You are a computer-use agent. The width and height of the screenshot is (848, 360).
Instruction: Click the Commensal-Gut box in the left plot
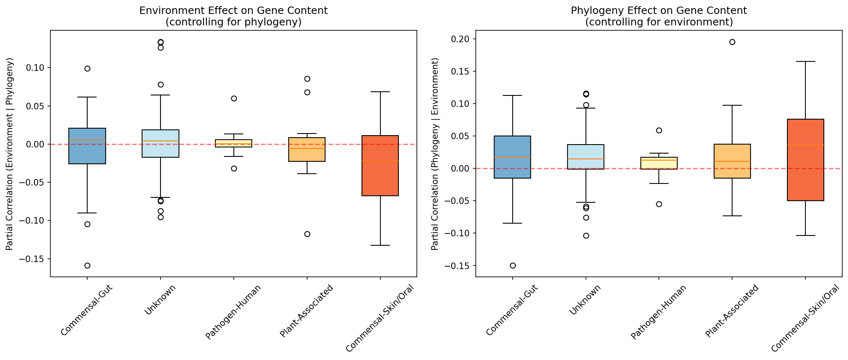pos(87,146)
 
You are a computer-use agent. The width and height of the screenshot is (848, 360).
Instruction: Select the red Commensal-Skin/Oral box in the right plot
pos(805,160)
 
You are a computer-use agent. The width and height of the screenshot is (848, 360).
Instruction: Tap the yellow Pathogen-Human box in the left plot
pos(234,143)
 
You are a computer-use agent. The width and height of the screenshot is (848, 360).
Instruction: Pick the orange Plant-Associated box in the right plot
pos(732,161)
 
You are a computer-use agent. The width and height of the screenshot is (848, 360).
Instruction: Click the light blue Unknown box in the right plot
pos(586,157)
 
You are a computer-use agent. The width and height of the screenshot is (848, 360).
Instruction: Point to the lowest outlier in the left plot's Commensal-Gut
pos(87,265)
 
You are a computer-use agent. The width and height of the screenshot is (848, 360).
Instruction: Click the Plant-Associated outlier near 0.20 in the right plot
pos(732,42)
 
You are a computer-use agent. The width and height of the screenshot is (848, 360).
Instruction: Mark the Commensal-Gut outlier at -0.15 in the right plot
pos(513,265)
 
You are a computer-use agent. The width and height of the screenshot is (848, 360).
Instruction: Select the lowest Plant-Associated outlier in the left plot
pos(307,234)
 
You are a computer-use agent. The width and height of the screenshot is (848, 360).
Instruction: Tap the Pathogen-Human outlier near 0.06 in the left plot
pos(234,98)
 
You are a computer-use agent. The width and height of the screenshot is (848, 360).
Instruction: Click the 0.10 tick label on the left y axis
pos(35,68)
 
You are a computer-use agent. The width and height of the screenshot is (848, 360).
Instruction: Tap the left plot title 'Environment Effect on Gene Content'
pos(233,11)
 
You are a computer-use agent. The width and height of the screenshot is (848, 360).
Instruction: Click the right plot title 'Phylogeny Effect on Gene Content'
pos(659,11)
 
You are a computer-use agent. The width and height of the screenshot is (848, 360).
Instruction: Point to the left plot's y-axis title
pos(10,154)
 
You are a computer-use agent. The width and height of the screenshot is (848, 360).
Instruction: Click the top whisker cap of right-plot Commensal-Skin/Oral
pos(805,61)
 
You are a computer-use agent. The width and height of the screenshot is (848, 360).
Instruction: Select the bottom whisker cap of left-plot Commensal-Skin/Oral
pos(380,245)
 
